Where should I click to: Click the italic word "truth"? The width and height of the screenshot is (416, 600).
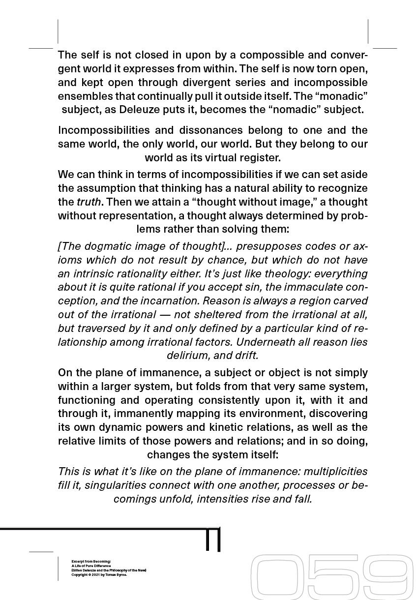coord(89,202)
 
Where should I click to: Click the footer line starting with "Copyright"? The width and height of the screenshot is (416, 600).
coord(99,574)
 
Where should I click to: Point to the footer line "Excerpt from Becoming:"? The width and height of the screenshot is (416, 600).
coord(91,561)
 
